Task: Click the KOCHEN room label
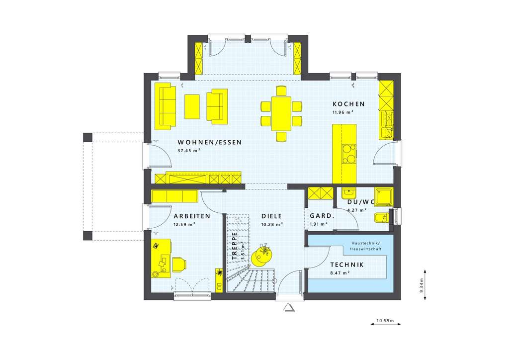click(348, 104)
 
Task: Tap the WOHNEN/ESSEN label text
click(210, 142)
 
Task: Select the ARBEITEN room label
click(191, 216)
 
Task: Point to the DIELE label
click(272, 216)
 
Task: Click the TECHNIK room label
click(347, 265)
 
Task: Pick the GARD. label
click(321, 216)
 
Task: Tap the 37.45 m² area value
click(189, 150)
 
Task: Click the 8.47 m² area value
click(340, 273)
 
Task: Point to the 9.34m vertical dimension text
click(421, 285)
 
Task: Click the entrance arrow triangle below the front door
click(289, 307)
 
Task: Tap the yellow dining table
click(281, 113)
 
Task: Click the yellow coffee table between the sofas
click(192, 106)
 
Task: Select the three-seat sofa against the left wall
click(166, 106)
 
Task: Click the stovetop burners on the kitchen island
click(349, 153)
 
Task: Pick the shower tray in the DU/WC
click(384, 196)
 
